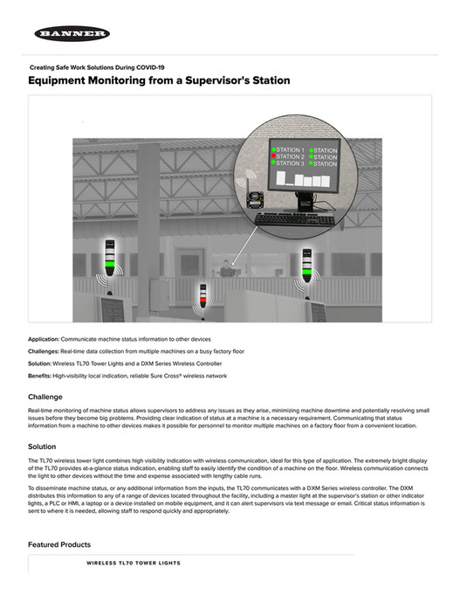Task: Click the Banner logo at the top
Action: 72,34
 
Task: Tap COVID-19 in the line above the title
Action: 146,67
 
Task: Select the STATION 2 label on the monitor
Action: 291,157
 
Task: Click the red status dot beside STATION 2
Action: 273,157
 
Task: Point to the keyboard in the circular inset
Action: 294,218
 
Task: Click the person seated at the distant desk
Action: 229,269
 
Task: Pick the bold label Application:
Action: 44,338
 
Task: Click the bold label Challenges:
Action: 44,350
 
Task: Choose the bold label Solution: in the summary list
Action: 40,363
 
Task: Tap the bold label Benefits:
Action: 40,375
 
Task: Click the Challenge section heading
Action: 45,397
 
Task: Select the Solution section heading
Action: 42,446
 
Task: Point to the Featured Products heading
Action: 58,544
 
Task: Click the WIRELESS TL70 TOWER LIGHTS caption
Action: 134,564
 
